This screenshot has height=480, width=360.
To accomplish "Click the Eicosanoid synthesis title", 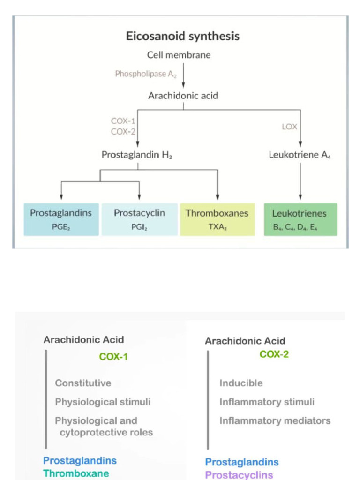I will [x=182, y=37].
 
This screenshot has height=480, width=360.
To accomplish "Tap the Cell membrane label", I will [x=179, y=55].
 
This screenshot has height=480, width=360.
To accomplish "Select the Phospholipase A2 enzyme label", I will [x=146, y=74].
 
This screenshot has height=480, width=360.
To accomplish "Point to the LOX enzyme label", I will [x=289, y=127].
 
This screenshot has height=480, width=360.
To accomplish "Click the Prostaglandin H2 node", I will [x=137, y=155].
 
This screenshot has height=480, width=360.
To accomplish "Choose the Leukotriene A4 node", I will [x=300, y=155].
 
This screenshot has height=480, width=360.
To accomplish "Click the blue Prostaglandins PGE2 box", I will [x=61, y=219].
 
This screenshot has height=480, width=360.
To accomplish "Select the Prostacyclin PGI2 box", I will [x=139, y=219].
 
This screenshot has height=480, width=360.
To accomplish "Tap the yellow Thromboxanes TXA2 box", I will [x=217, y=219].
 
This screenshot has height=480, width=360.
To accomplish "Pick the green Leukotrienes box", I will [x=300, y=219].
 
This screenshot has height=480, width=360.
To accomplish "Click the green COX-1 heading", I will [x=113, y=357].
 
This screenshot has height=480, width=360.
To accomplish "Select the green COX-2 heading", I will [x=274, y=354].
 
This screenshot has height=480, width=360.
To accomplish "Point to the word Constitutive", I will [x=83, y=383].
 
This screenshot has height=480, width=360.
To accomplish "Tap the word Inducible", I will [x=241, y=383].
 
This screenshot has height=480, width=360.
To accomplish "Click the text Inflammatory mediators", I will [x=275, y=420].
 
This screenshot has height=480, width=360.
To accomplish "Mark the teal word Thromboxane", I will [x=76, y=473].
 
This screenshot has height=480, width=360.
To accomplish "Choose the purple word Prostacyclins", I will [x=239, y=475].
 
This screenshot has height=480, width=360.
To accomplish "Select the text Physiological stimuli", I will [x=103, y=402].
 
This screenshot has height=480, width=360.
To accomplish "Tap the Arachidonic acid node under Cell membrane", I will [x=183, y=96].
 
